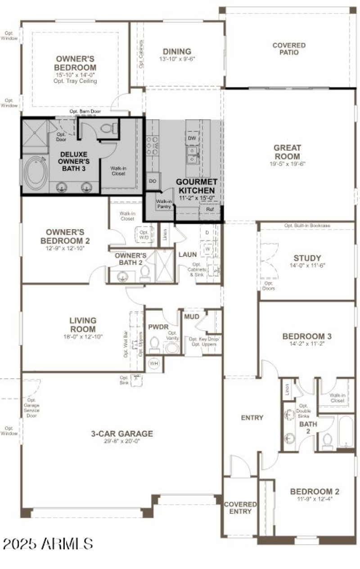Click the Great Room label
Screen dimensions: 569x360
(288, 152)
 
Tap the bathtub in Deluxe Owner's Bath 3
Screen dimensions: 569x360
(35, 173)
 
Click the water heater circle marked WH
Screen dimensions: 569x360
(154, 363)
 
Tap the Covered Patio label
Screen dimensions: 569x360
(289, 49)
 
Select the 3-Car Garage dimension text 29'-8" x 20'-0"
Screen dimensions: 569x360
(121, 442)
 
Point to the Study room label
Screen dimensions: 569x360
(307, 258)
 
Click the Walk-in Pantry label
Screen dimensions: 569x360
(163, 204)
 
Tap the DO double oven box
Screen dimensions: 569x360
(152, 180)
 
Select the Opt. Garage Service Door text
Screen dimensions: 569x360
(31, 407)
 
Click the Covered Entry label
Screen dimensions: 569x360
(240, 508)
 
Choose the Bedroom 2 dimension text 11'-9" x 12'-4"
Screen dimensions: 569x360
(315, 499)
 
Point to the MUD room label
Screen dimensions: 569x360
(191, 317)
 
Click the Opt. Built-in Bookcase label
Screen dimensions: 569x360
(307, 225)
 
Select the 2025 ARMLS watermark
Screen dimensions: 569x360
(48, 543)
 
